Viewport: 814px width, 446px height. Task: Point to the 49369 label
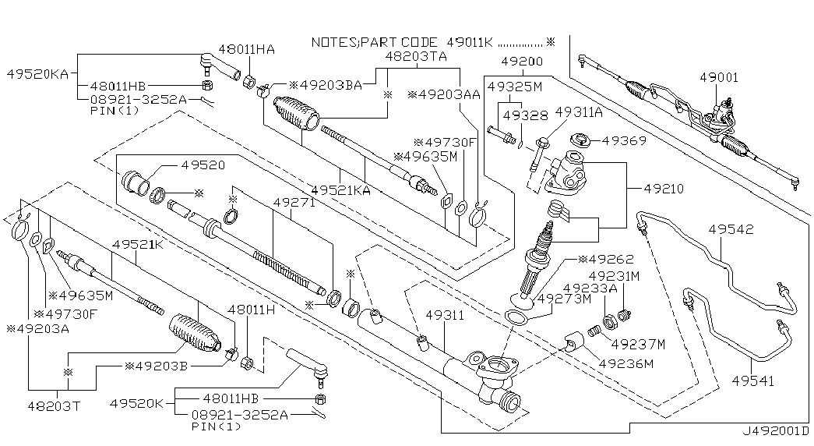point(615,141)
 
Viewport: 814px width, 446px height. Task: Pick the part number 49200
point(521,61)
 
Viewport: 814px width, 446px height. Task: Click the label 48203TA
point(418,57)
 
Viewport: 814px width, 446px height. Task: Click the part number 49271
point(294,201)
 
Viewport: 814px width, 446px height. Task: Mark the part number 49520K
point(136,403)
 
